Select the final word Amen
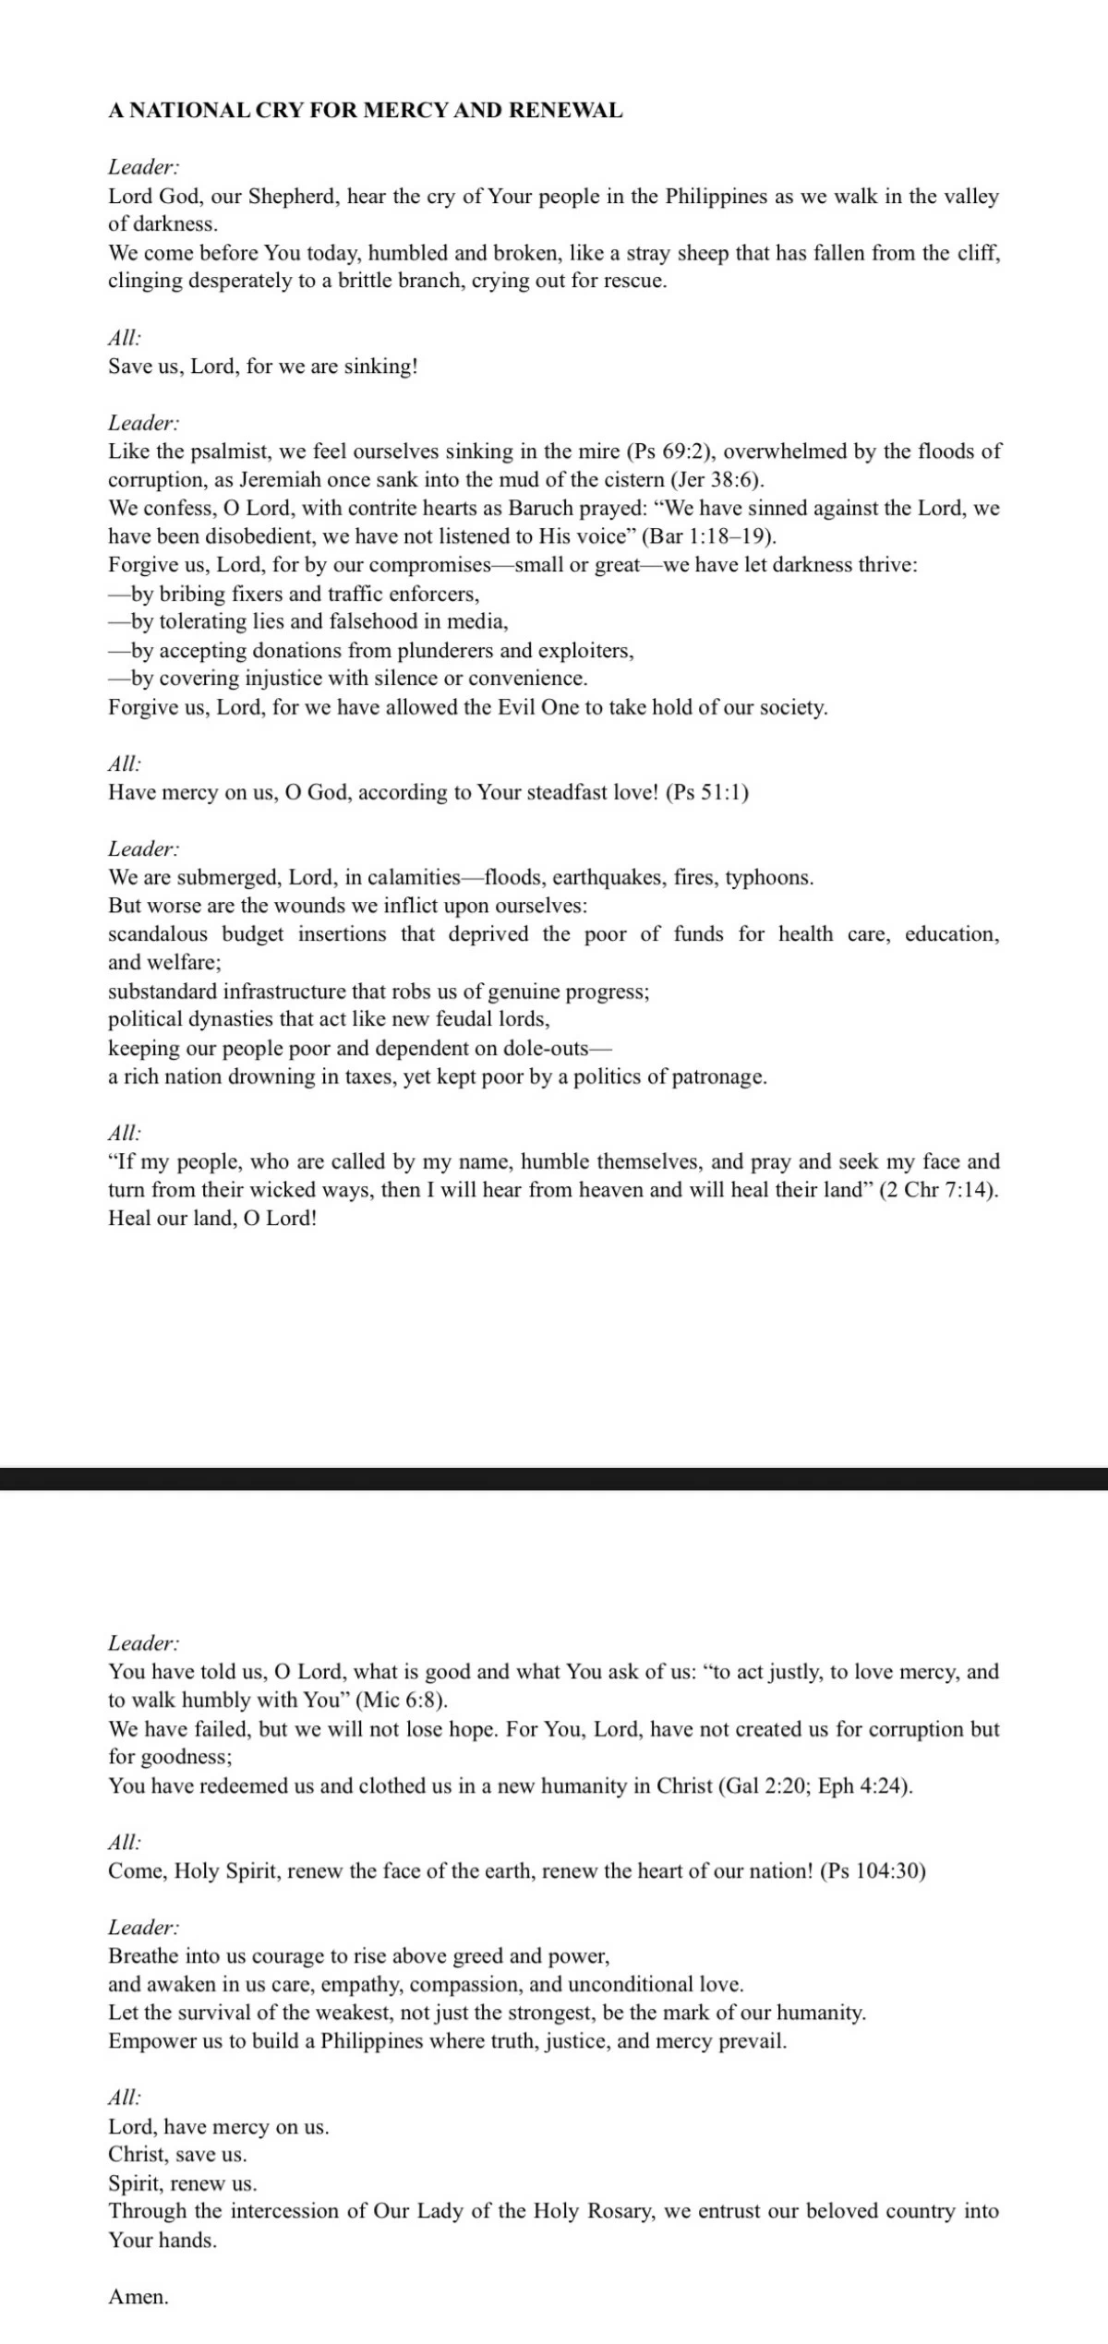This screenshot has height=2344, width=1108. (138, 2296)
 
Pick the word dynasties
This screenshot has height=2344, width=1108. (226, 1019)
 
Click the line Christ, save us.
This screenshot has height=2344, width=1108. (177, 2155)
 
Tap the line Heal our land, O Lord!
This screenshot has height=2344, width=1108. (212, 1219)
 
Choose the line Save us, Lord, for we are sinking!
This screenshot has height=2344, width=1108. (263, 367)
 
